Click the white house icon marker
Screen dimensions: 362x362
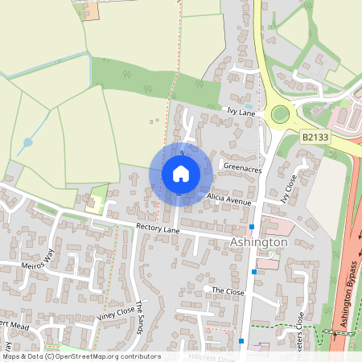click(x=181, y=173)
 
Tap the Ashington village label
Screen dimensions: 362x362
click(x=258, y=242)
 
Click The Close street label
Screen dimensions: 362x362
click(x=227, y=290)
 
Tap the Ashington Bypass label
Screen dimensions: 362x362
click(x=348, y=310)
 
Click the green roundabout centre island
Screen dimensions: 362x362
click(x=279, y=113)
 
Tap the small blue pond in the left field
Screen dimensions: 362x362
click(x=28, y=142)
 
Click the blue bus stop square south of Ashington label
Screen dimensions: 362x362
click(x=254, y=273)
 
